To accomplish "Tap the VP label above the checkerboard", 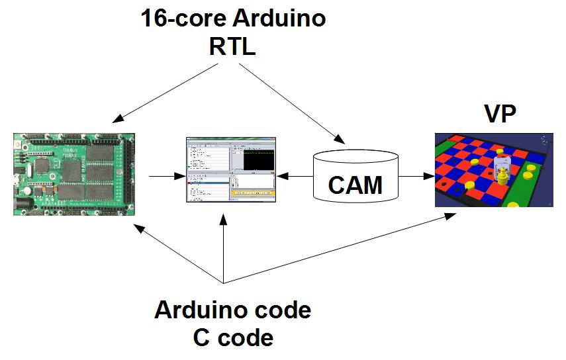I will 500,114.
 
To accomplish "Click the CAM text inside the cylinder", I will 355,185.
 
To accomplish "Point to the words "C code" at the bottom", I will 233,337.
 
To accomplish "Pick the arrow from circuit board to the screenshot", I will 165,177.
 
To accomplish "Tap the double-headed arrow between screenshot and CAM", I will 295,177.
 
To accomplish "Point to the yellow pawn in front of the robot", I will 504,175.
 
